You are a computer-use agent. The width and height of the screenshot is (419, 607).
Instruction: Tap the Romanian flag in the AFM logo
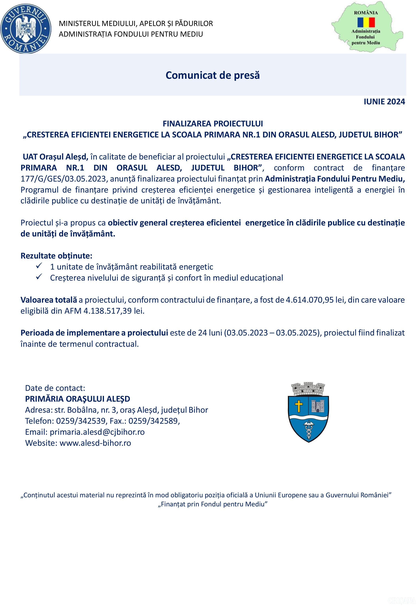click(366, 22)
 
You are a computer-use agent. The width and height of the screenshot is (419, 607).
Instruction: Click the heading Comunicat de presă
click(212, 75)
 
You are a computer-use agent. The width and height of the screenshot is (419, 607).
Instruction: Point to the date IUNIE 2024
click(384, 102)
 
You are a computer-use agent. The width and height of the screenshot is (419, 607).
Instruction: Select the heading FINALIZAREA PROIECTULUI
click(213, 123)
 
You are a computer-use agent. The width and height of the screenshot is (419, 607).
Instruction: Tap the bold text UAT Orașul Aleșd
click(55, 157)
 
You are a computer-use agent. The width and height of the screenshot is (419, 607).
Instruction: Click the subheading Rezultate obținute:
click(56, 256)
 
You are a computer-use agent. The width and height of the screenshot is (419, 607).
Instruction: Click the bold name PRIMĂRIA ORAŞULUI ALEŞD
click(77, 399)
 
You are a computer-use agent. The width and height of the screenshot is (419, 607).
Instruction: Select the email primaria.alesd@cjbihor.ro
click(97, 432)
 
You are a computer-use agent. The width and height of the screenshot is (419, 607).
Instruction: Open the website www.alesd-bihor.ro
click(95, 443)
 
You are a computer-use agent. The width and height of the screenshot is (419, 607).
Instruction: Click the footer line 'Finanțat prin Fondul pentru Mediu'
click(212, 504)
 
